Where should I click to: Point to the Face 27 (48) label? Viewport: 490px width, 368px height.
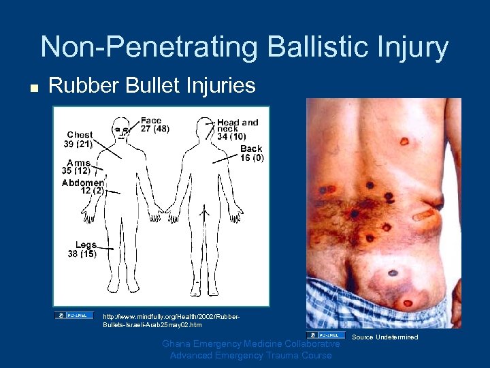154,125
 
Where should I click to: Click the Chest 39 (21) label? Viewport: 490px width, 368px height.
80,140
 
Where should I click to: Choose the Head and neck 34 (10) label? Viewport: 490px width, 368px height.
238,129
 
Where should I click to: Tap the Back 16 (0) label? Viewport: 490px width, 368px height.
251,153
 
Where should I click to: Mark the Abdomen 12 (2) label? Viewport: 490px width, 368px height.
83,187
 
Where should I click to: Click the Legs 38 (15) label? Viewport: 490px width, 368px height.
82,249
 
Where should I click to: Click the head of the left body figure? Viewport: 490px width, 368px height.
122,126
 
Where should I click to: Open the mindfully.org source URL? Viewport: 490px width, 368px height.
170,320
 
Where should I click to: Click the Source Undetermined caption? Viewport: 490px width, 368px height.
385,337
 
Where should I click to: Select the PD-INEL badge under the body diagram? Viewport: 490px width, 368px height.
74,315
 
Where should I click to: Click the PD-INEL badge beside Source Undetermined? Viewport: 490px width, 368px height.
325,335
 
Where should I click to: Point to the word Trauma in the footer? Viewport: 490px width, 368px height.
285,355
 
